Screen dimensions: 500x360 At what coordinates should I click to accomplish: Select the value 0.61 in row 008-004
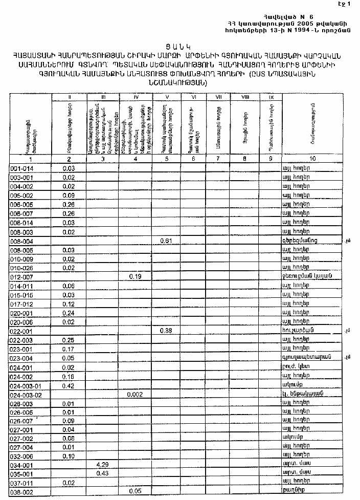166,241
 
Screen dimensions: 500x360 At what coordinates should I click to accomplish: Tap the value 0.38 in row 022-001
166,331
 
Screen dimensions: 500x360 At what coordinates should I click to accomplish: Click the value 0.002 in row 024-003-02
135,395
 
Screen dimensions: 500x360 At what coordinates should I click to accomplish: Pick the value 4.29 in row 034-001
103,464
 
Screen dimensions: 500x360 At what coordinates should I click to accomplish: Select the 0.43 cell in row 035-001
103,473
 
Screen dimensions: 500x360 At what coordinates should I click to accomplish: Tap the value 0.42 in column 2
69,385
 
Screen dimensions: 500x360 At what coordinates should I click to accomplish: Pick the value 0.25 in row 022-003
69,340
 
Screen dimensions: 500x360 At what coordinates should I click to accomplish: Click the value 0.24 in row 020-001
69,313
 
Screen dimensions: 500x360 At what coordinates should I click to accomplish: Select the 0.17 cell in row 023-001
69,349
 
